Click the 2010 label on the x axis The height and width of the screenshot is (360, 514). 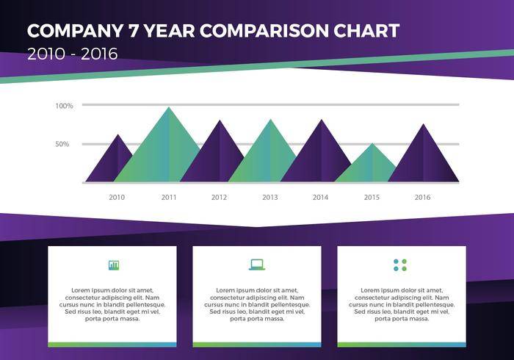(117, 197)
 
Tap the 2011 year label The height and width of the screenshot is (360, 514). (169, 197)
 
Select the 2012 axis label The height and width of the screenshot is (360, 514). (219, 197)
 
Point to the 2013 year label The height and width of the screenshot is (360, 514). (269, 197)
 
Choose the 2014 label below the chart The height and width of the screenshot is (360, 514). (320, 197)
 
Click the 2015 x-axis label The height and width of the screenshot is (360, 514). (372, 197)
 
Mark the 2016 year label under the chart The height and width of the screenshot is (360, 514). (422, 197)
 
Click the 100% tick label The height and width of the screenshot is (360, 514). (65, 106)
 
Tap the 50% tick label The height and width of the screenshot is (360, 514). (62, 144)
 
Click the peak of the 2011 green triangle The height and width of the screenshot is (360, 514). (169, 108)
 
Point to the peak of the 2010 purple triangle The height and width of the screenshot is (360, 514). (117, 135)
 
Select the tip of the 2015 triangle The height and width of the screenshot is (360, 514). (372, 144)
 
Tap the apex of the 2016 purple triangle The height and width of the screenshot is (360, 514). (423, 124)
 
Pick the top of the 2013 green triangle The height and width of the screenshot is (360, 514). (270, 120)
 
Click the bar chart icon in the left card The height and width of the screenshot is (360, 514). (113, 264)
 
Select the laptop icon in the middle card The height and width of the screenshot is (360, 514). (256, 264)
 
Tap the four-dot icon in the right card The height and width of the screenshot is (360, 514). (400, 264)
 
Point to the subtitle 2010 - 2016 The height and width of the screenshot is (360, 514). (72, 54)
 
